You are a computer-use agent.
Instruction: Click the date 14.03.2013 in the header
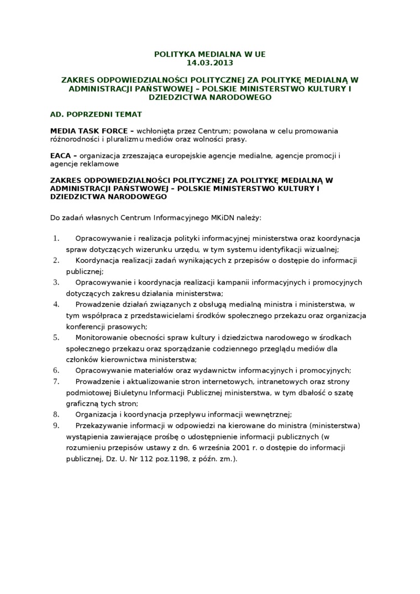click(209, 63)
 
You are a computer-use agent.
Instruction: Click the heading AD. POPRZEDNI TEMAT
click(96, 114)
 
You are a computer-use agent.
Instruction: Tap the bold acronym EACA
click(60, 156)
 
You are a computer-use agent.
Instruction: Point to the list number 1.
click(55, 238)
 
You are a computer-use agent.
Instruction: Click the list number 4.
click(55, 304)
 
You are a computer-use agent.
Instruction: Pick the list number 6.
click(55, 370)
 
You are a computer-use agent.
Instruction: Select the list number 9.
click(55, 425)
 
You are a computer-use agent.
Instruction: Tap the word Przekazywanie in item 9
click(100, 425)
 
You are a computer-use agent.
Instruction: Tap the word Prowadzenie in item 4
click(97, 304)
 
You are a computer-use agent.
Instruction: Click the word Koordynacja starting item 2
click(98, 260)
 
